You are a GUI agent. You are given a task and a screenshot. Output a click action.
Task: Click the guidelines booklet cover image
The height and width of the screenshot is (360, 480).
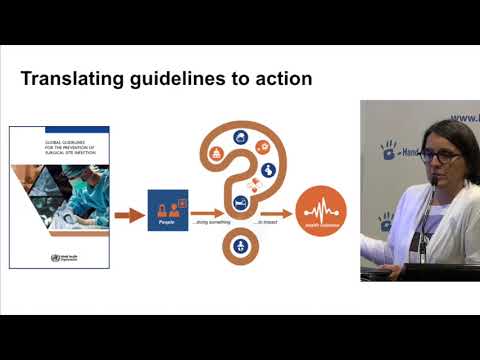click(58, 196)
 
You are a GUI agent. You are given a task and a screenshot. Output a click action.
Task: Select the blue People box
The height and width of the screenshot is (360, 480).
click(167, 211)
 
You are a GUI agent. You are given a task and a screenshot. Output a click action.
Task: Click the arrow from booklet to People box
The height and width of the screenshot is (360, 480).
click(128, 213)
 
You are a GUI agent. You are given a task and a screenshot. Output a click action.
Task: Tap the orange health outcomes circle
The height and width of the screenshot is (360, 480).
click(319, 212)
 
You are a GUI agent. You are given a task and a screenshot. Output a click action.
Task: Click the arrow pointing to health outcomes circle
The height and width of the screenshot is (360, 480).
click(279, 213)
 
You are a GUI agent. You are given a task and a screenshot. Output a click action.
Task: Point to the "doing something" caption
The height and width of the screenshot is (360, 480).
click(213, 225)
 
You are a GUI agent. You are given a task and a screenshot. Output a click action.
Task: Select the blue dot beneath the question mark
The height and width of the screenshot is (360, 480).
click(240, 246)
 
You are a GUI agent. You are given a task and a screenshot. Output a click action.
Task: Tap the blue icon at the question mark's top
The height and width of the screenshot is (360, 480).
click(241, 137)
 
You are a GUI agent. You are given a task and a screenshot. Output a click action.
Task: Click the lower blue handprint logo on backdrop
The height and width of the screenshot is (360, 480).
click(384, 220)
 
